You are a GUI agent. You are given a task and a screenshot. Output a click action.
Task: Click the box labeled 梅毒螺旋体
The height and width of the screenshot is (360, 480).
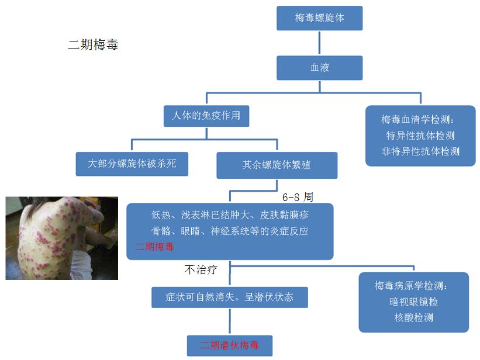click(x=319, y=18)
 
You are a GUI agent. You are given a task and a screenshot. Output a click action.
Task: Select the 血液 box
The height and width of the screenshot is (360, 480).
click(x=319, y=68)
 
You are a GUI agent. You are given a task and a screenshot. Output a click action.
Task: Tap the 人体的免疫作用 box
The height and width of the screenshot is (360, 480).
click(x=206, y=116)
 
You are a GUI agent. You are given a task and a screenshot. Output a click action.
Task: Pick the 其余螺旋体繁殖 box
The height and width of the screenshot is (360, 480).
click(x=277, y=165)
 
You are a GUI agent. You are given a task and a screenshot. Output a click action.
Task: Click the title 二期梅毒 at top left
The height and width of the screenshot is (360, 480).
click(x=93, y=45)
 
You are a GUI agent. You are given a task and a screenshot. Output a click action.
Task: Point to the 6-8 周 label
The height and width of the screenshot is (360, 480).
click(x=298, y=198)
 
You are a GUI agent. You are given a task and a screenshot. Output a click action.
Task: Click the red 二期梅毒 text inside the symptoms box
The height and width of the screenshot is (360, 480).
click(x=154, y=247)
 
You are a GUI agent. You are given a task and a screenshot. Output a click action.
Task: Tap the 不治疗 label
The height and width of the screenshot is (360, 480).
click(x=201, y=270)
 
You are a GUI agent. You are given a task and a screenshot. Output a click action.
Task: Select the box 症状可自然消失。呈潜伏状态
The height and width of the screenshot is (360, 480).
click(x=229, y=297)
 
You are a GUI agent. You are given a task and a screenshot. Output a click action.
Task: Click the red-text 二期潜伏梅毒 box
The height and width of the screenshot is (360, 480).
click(x=229, y=345)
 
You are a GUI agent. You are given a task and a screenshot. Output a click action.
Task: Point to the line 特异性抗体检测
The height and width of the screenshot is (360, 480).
click(x=420, y=136)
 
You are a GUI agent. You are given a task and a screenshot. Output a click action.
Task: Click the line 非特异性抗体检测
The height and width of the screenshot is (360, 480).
click(x=420, y=151)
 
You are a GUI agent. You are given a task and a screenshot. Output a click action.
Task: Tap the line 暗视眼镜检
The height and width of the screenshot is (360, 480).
click(x=413, y=302)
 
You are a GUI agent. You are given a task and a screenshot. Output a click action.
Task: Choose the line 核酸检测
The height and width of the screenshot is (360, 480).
click(x=413, y=318)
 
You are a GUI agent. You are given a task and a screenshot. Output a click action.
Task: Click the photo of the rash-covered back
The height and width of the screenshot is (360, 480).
click(x=62, y=238)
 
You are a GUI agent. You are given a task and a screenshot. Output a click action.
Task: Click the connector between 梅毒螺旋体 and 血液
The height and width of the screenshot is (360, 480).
click(x=319, y=43)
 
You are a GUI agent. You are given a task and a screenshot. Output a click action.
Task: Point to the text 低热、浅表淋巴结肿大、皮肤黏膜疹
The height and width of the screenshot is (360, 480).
click(x=230, y=214)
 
